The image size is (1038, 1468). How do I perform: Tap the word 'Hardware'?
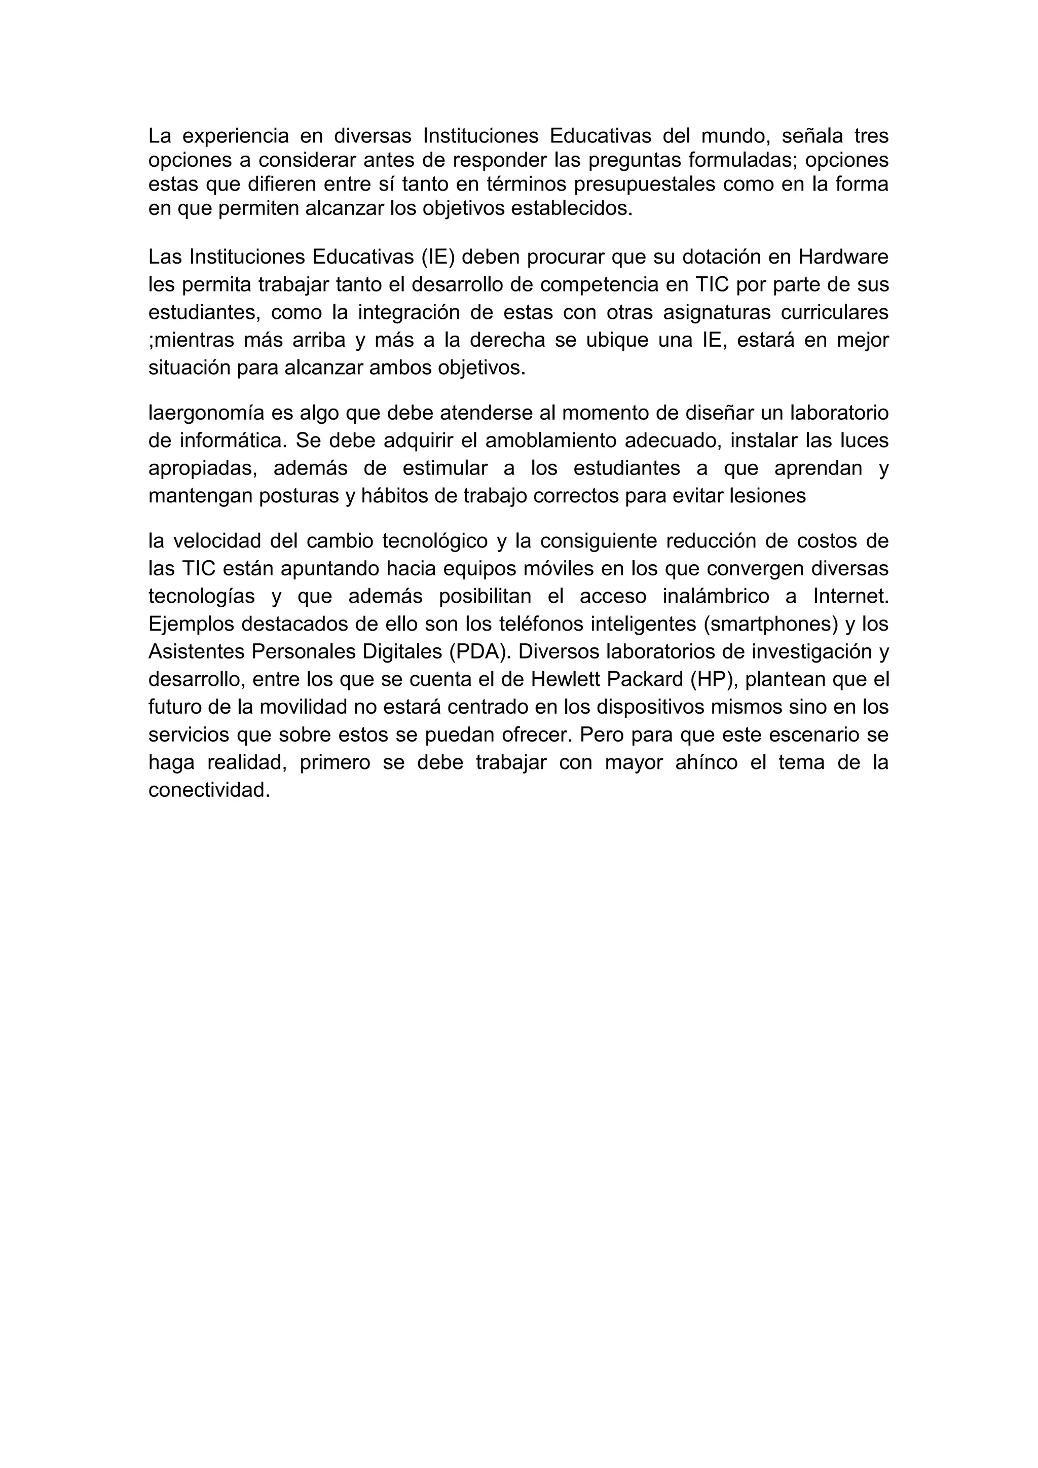[x=844, y=257]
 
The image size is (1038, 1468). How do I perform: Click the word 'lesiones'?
[x=768, y=496]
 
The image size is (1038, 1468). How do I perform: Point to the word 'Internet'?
[x=850, y=596]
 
